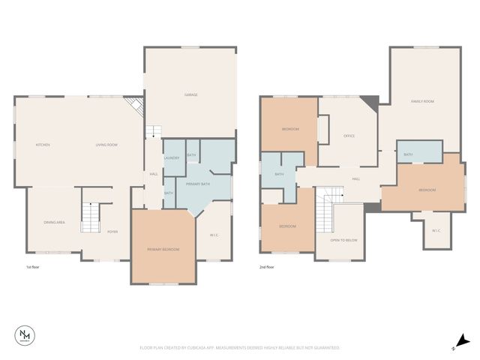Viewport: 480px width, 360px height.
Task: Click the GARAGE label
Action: (x=191, y=94)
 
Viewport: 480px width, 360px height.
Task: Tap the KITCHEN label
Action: (x=43, y=145)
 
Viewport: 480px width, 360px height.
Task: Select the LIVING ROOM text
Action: (x=106, y=145)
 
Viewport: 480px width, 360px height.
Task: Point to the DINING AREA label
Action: (x=52, y=222)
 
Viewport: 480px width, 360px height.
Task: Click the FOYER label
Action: (x=112, y=232)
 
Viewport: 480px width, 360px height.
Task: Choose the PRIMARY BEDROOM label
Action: (x=163, y=248)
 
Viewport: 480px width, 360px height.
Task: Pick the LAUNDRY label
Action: (x=171, y=157)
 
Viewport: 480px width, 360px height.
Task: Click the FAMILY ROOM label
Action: (x=423, y=101)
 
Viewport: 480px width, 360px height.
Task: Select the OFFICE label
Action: (x=349, y=136)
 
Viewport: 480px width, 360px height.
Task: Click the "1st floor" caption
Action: (x=32, y=267)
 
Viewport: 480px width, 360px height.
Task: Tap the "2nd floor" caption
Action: (x=266, y=267)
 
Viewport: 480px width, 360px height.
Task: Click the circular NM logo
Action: (x=25, y=336)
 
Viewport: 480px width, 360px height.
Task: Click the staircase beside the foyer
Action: (x=90, y=217)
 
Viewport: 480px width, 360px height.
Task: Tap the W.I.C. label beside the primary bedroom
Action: (x=214, y=235)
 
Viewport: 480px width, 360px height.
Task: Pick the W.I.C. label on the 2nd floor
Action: (x=436, y=230)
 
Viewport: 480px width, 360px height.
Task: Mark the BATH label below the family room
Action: (x=408, y=154)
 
